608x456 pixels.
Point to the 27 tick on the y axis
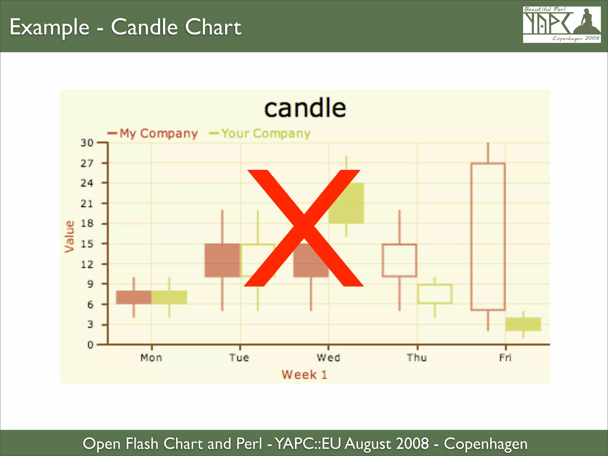(87, 163)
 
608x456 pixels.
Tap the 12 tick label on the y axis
(87, 264)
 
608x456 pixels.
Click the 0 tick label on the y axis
(90, 345)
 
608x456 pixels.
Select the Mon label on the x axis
(151, 358)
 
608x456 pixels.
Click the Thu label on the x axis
(417, 358)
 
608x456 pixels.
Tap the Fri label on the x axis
(505, 358)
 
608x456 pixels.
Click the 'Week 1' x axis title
(304, 375)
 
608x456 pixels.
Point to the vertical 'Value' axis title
(69, 237)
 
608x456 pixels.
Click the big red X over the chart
(303, 228)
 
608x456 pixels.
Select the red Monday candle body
(134, 297)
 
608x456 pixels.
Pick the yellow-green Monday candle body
(169, 297)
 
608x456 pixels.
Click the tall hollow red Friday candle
(488, 237)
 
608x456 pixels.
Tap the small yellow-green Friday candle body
(523, 324)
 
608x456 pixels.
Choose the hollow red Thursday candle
(399, 260)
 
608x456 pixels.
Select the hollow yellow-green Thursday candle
(435, 294)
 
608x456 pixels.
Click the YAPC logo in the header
(562, 25)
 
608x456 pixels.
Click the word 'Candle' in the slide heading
(144, 27)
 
